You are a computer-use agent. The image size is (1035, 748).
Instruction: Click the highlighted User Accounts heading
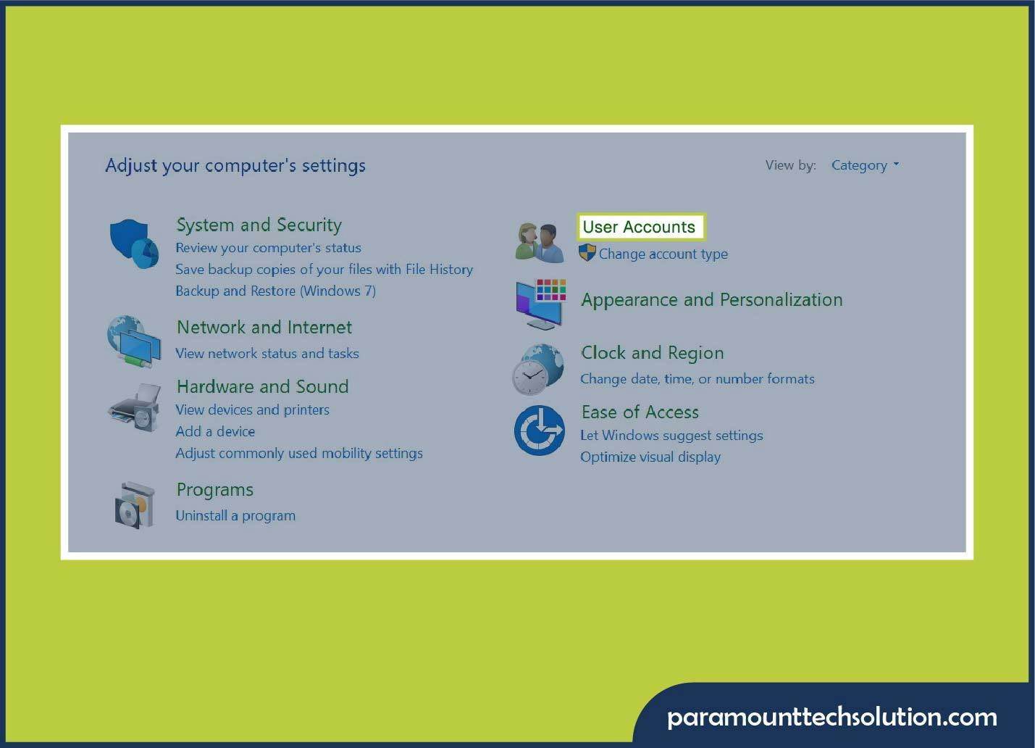click(639, 227)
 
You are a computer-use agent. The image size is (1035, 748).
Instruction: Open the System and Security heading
click(259, 225)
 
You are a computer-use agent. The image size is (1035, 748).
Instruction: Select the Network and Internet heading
click(264, 328)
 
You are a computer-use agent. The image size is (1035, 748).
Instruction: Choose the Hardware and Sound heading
click(262, 387)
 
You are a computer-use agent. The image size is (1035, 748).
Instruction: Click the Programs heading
click(215, 490)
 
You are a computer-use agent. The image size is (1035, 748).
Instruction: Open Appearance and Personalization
click(711, 300)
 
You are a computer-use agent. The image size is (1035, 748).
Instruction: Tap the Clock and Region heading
click(652, 353)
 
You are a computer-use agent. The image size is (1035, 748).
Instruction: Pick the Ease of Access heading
click(640, 412)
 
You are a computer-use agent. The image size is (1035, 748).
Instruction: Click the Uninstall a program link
click(235, 516)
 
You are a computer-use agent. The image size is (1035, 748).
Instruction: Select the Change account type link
click(663, 254)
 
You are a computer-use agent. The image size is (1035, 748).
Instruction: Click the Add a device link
click(215, 432)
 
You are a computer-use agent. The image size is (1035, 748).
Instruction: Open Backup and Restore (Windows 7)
click(275, 291)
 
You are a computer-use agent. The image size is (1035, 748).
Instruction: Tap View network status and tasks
click(267, 354)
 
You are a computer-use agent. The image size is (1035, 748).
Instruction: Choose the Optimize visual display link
click(650, 457)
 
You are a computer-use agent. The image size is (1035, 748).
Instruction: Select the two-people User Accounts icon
click(540, 242)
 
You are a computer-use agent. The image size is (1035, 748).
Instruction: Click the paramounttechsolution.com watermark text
click(831, 717)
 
